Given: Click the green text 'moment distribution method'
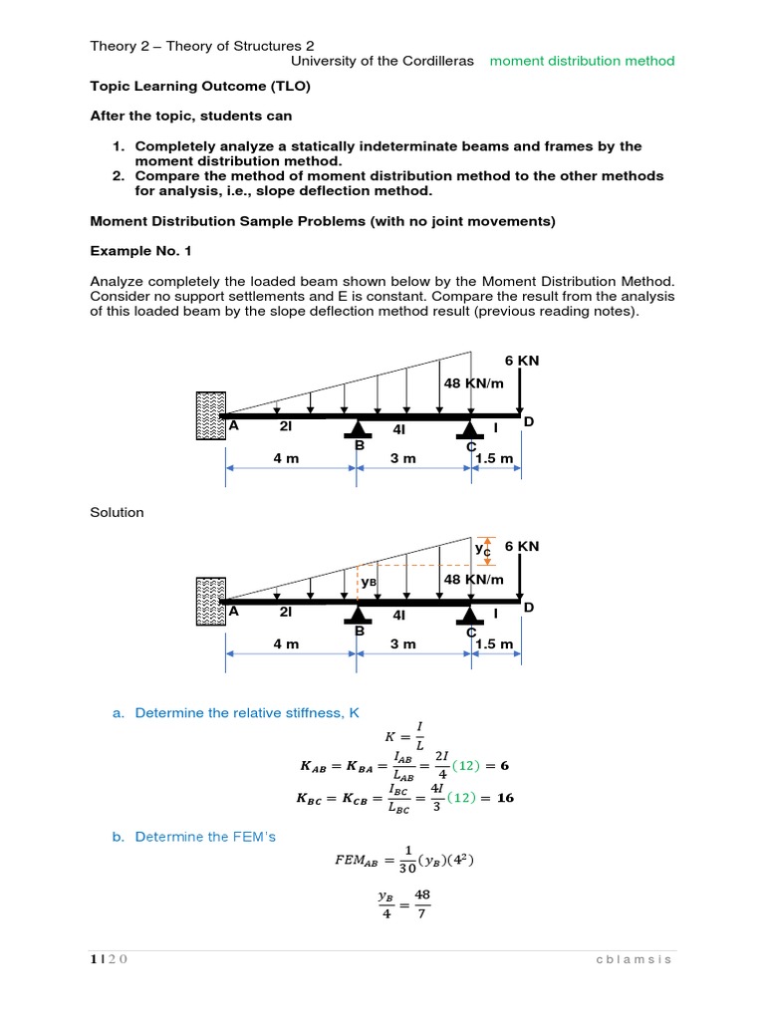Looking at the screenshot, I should click(x=582, y=61).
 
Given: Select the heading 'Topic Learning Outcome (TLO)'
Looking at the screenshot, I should click(x=200, y=87).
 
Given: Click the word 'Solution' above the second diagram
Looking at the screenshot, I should click(x=117, y=512).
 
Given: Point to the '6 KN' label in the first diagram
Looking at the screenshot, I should click(x=522, y=361).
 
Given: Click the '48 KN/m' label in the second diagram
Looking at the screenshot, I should click(x=472, y=579).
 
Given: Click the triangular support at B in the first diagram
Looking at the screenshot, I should click(x=358, y=430).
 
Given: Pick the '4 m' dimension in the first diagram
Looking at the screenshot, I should click(x=286, y=458).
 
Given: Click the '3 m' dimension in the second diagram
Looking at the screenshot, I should click(x=403, y=643).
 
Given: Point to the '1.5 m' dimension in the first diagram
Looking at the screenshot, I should click(x=494, y=458).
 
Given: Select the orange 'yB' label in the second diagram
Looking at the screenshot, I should click(x=369, y=581).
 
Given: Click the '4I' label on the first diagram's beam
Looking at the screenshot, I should click(x=399, y=428).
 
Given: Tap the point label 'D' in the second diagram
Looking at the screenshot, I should click(x=529, y=607).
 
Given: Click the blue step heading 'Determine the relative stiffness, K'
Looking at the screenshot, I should click(x=246, y=712).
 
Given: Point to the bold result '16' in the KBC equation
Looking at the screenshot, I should click(x=505, y=798).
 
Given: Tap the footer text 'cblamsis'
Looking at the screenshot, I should click(x=635, y=959).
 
